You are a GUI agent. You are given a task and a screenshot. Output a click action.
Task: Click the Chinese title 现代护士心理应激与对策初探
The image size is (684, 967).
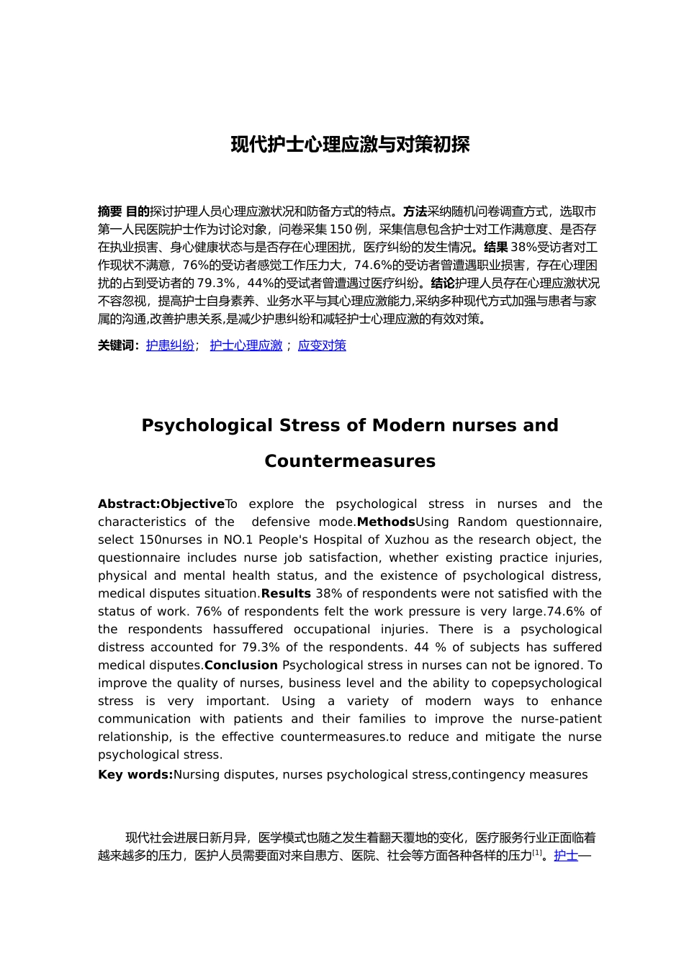pyautogui.click(x=350, y=145)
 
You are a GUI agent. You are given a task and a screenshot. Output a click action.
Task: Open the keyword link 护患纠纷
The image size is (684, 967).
pyautogui.click(x=170, y=345)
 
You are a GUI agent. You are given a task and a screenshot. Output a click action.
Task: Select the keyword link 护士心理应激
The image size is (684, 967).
pyautogui.click(x=246, y=345)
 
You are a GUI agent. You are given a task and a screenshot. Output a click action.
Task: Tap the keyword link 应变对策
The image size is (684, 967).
pyautogui.click(x=322, y=345)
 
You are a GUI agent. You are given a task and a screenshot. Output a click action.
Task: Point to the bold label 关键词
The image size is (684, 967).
pyautogui.click(x=117, y=345)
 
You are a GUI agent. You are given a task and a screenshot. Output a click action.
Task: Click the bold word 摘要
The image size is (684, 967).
pyautogui.click(x=109, y=212)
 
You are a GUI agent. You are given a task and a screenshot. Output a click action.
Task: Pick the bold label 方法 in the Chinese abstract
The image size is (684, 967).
pyautogui.click(x=415, y=212)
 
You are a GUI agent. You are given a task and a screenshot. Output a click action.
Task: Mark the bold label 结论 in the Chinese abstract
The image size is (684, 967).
pyautogui.click(x=442, y=283)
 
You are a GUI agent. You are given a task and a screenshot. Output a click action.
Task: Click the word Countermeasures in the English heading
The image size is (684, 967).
pyautogui.click(x=350, y=461)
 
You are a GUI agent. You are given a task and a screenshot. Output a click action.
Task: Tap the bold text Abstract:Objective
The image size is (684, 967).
pyautogui.click(x=161, y=504)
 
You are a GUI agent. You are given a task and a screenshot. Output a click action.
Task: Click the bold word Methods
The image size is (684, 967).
pyautogui.click(x=386, y=522)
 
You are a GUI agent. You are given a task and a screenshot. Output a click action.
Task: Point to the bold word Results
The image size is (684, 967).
pyautogui.click(x=286, y=594)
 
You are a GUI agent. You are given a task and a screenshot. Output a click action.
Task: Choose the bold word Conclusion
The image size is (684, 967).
pyautogui.click(x=241, y=665)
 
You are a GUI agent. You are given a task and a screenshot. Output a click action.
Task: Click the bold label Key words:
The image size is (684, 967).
pyautogui.click(x=135, y=775)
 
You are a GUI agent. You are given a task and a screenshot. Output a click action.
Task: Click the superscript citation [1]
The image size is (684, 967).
pyautogui.click(x=536, y=853)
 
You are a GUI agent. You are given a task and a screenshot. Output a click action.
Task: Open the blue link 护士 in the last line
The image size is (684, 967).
pyautogui.click(x=566, y=855)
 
